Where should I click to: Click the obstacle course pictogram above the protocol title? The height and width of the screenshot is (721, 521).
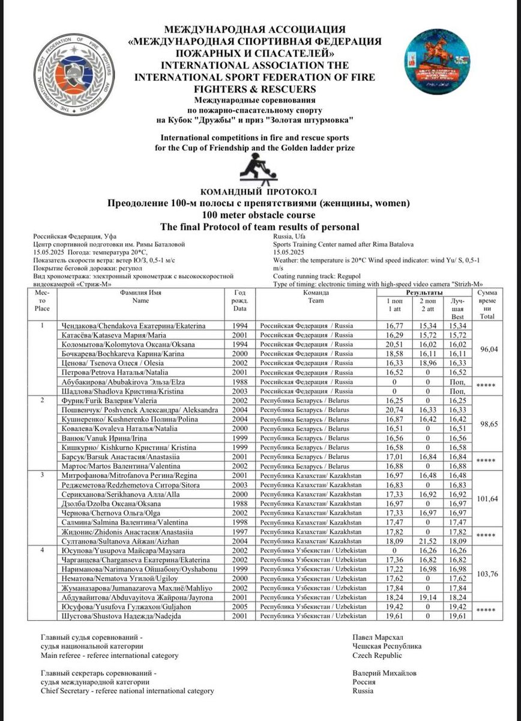pos(260,169)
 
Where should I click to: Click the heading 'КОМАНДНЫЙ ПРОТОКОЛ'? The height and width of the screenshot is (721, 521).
pos(260,192)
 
